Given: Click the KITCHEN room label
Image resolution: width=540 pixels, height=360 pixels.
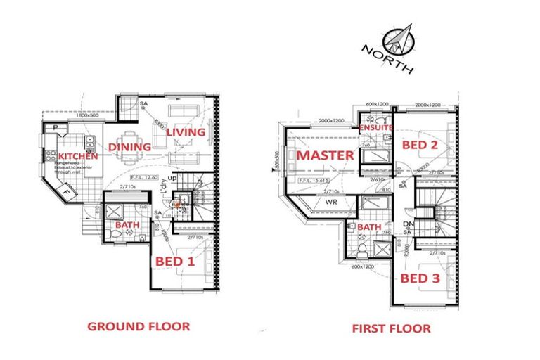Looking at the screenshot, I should point(78,156).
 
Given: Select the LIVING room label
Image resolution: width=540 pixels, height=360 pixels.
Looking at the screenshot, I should point(186,131).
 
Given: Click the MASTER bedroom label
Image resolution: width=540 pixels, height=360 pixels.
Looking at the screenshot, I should point(323,155).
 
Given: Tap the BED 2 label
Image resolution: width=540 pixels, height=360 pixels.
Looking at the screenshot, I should point(420,145).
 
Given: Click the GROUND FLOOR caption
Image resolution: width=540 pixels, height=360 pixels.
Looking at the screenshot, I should point(138,326).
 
